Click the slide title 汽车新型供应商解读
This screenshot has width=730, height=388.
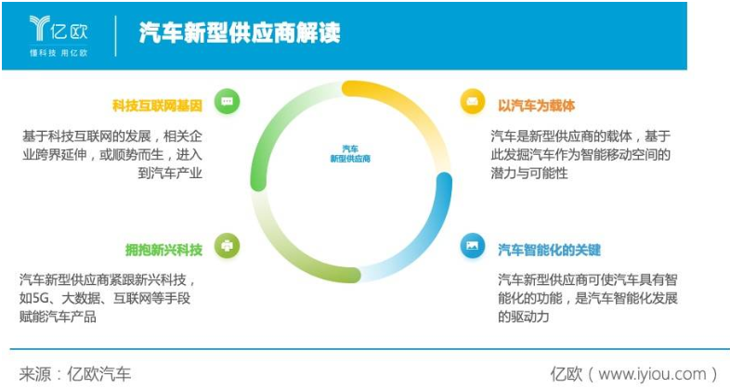(239, 33)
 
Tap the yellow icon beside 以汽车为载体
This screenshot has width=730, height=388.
(473, 101)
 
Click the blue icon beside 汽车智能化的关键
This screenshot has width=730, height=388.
(473, 246)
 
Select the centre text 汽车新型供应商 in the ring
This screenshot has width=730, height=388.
(349, 154)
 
